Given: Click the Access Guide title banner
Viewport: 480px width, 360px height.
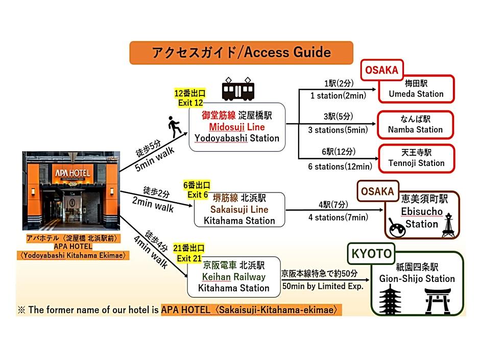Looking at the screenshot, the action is pyautogui.click(x=241, y=53).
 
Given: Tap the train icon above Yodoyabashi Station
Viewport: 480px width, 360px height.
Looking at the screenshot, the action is pyautogui.click(x=238, y=89).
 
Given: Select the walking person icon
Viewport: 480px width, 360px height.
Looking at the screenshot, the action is pyautogui.click(x=175, y=127).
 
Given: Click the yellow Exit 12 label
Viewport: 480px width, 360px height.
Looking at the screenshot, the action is pyautogui.click(x=190, y=98).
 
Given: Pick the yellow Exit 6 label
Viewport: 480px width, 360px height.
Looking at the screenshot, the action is pyautogui.click(x=197, y=190).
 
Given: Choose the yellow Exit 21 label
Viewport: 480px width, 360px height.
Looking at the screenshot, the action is pyautogui.click(x=189, y=253).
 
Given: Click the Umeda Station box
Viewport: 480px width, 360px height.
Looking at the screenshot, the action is pyautogui.click(x=416, y=89).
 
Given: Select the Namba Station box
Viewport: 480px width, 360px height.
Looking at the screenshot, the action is pyautogui.click(x=416, y=125).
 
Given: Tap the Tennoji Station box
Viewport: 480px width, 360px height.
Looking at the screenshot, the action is pyautogui.click(x=417, y=158).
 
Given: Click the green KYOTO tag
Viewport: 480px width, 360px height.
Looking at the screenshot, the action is pyautogui.click(x=371, y=253).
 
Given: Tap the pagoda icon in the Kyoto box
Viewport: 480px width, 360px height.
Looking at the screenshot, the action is pyautogui.click(x=390, y=300).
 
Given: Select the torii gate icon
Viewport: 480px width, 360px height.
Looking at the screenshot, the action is pyautogui.click(x=438, y=301).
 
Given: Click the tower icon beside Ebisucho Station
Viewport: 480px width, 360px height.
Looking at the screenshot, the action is pyautogui.click(x=448, y=225).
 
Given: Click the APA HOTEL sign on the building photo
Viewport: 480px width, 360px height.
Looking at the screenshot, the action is pyautogui.click(x=73, y=173).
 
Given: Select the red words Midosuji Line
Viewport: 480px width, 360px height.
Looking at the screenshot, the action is pyautogui.click(x=237, y=127).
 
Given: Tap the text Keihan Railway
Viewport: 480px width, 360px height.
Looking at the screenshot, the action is pyautogui.click(x=233, y=277).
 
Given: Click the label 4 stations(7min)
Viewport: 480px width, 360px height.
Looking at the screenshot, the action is pyautogui.click(x=338, y=218).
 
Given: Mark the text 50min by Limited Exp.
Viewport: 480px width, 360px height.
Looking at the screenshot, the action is pyautogui.click(x=323, y=286).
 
